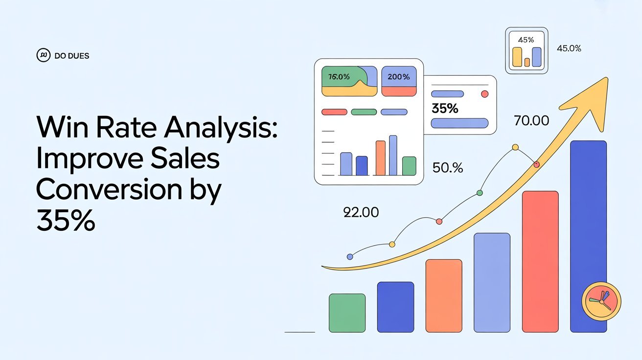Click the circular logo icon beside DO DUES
[43, 55]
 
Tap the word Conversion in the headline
[109, 189]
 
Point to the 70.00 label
[531, 121]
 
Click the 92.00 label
[361, 212]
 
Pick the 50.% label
[447, 168]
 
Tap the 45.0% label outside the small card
[569, 48]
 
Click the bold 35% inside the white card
[445, 109]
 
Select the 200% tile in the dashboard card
[399, 81]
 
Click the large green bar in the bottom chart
[347, 313]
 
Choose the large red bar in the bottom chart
[540, 262]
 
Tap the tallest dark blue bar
[588, 236]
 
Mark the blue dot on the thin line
[350, 257]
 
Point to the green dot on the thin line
[480, 193]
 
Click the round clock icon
[601, 302]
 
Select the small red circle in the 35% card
[484, 94]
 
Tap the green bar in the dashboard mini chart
[409, 166]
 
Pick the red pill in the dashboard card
[334, 112]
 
